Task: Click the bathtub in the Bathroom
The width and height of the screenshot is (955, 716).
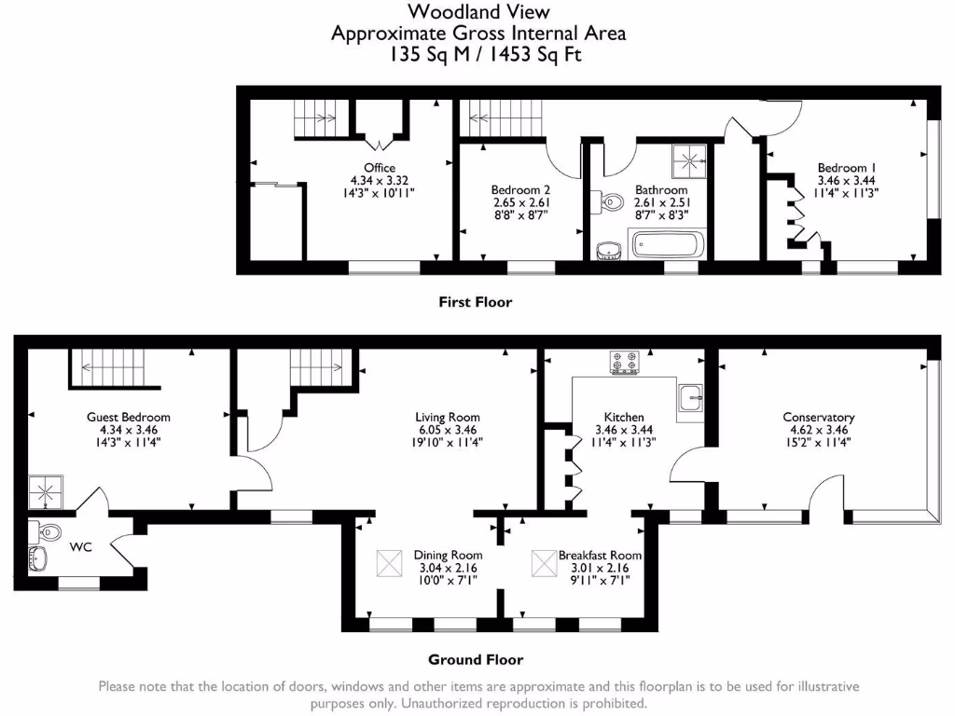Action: pos(668,246)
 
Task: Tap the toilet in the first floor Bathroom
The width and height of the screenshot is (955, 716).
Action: pos(611,200)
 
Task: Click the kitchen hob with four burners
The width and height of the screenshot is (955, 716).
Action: pos(624,363)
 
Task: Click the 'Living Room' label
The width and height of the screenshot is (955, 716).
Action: pos(448,418)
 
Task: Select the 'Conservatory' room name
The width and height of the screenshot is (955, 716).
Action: pos(819,418)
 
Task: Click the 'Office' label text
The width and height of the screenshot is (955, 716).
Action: pos(380,168)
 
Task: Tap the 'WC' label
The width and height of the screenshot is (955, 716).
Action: pos(81,547)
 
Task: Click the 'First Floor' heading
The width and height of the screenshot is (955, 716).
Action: pos(476,302)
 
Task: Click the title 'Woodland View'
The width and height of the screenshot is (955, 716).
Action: pos(479,12)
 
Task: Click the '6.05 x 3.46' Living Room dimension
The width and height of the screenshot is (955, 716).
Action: pos(448,430)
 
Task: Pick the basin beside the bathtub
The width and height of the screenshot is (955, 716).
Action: pos(607,250)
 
